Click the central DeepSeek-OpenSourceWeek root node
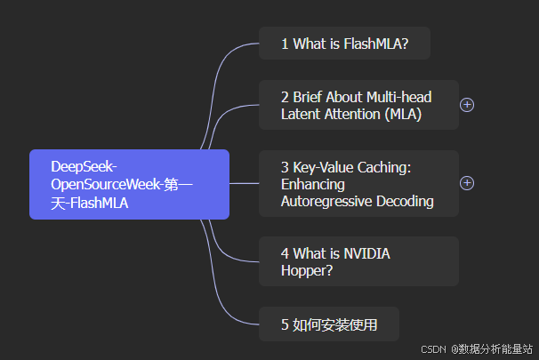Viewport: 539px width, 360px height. (129, 184)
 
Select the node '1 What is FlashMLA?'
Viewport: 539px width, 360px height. (344, 44)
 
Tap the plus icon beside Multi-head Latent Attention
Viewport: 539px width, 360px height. (467, 105)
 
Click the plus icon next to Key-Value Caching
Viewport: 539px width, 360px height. (467, 183)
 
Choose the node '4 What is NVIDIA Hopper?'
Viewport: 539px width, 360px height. (358, 261)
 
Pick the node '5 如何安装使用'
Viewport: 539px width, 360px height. (329, 324)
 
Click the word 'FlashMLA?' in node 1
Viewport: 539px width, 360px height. (376, 44)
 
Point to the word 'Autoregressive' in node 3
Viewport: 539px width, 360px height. (326, 201)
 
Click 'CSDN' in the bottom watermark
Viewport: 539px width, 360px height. (432, 348)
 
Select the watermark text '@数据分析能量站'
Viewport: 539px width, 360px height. (492, 348)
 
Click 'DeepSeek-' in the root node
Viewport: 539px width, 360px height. (84, 167)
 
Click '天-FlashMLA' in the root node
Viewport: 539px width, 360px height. (89, 202)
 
